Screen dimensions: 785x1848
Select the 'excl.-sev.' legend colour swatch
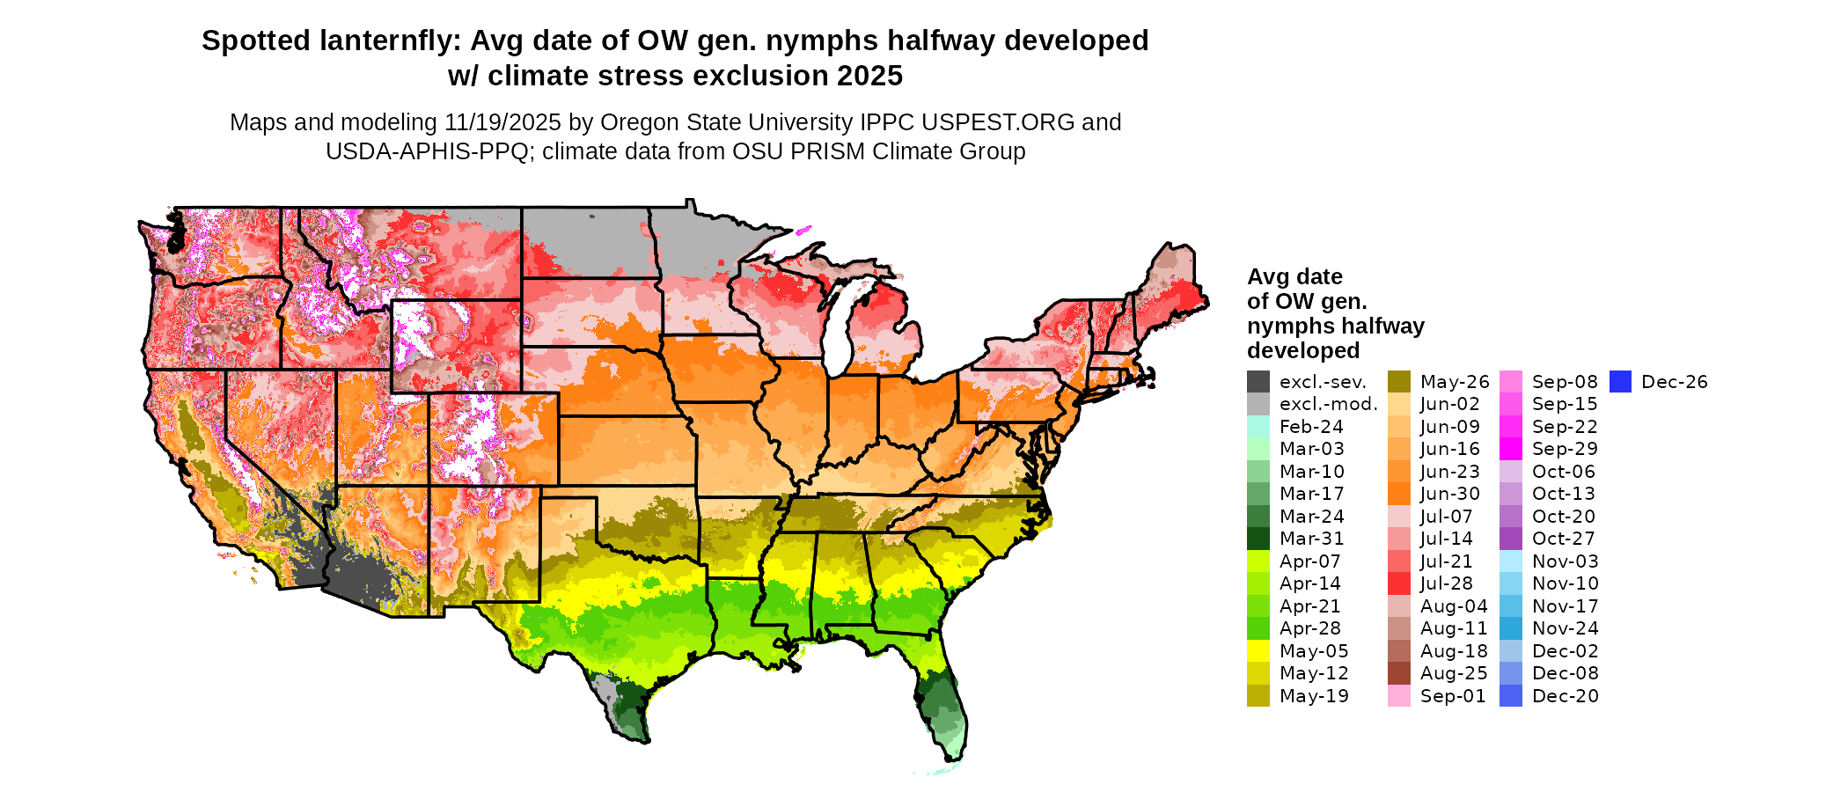click(1258, 382)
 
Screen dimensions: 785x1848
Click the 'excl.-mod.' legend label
click(1328, 404)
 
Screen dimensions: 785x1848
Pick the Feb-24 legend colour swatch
click(1258, 427)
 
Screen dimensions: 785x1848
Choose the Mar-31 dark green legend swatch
click(1258, 539)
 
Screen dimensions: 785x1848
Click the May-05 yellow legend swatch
click(1258, 651)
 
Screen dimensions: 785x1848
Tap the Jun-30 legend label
click(1449, 494)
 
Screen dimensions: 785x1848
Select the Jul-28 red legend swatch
click(1399, 583)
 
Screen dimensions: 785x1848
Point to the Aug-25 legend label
click(1453, 673)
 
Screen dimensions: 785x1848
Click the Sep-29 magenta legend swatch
click(1511, 449)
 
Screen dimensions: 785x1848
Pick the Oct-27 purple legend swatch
click(1511, 539)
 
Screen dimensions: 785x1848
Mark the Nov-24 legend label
click(1565, 628)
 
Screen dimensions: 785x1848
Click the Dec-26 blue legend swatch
click(1620, 382)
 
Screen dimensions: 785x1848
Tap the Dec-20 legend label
click(1565, 696)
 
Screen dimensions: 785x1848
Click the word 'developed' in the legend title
click(1302, 351)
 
